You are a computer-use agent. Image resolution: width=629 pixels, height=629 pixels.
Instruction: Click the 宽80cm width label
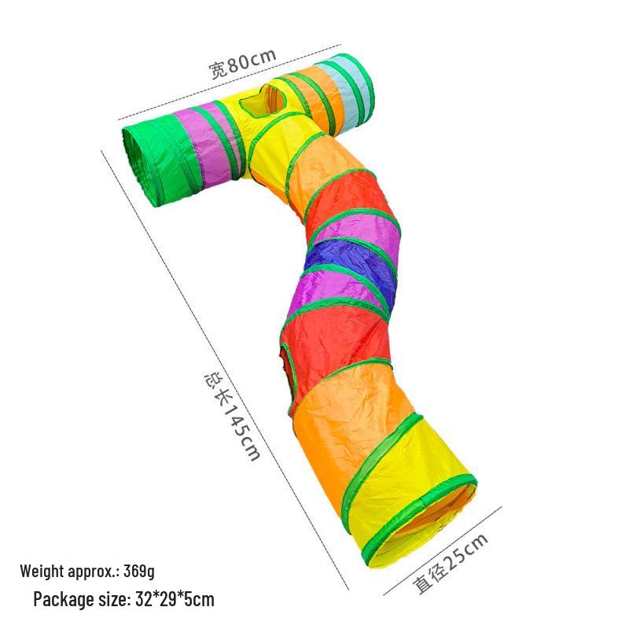point(243,64)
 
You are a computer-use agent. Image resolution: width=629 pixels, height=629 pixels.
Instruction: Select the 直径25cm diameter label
point(451,564)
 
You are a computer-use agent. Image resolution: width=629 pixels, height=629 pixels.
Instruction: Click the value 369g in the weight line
point(139,571)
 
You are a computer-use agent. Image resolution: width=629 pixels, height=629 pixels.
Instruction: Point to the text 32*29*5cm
point(175,600)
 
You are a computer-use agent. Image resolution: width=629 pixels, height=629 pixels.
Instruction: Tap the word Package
point(59,600)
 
